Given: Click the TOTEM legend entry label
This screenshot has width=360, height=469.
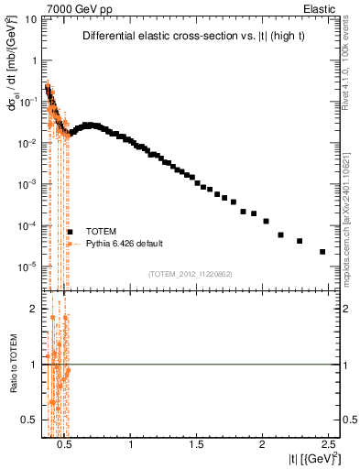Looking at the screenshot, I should [x=100, y=232].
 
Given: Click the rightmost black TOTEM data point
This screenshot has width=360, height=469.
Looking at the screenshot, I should [x=322, y=252].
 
